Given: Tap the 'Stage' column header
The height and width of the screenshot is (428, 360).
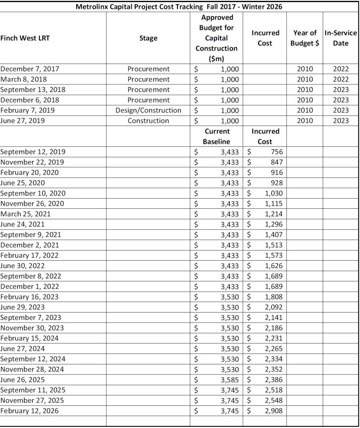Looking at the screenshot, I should tap(148, 38).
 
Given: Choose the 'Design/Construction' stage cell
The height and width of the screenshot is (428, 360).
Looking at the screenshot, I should tap(148, 110).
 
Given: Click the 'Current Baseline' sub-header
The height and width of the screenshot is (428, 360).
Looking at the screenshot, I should tap(216, 136).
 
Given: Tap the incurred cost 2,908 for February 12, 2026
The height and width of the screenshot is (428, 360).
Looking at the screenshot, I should tap(274, 411).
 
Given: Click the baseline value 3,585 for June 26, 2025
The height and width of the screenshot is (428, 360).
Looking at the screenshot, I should tap(230, 380).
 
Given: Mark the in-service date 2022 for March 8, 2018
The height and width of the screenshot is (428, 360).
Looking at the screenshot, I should tap(341, 79).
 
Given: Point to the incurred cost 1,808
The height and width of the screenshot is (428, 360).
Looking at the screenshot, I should tap(274, 297).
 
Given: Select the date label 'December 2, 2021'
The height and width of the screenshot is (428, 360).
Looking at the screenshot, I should tap(30, 245).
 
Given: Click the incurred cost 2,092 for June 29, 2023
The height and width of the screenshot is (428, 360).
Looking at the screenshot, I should tap(274, 307).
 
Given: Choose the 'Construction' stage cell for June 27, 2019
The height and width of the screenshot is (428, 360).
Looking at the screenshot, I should tap(148, 121).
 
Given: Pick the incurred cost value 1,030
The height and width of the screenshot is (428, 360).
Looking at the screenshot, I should tap(274, 193).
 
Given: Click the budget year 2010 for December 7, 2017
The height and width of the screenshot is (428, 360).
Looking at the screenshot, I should tap(305, 69).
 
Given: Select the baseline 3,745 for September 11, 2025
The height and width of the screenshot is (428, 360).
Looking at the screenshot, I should tap(230, 390).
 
